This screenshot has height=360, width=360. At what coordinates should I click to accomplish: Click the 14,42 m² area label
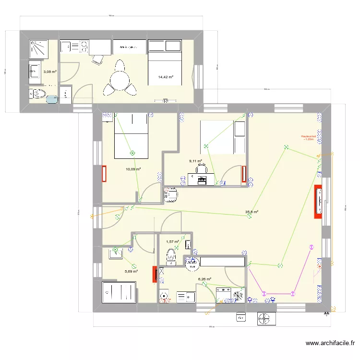(x=166, y=77)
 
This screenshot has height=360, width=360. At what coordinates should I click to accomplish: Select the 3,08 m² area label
(x=50, y=72)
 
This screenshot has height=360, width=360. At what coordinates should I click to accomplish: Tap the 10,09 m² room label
(x=133, y=169)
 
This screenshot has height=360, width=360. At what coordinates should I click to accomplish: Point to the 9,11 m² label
(x=195, y=161)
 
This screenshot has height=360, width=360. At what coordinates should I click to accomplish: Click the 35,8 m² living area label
(x=252, y=212)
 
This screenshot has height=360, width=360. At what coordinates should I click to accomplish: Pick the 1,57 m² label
(x=172, y=242)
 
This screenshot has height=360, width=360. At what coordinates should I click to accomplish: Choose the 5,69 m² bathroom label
(x=131, y=271)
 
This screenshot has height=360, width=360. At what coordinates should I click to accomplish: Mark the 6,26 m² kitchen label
(x=205, y=279)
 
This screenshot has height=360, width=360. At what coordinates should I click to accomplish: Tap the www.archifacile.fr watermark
(x=330, y=343)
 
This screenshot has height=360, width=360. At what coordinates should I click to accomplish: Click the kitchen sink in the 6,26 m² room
(x=185, y=296)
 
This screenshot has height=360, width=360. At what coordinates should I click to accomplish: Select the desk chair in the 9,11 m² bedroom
(x=204, y=168)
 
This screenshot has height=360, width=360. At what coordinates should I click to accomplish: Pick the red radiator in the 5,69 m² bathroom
(x=155, y=275)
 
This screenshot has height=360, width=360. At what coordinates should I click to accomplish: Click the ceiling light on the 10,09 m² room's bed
(x=132, y=154)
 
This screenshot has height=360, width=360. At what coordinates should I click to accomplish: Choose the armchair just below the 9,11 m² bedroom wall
(x=171, y=196)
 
